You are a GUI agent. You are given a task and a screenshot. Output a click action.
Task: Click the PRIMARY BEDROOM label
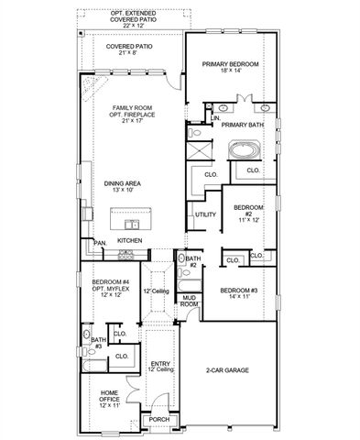tap(231, 64)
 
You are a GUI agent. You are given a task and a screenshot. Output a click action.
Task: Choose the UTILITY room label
tap(206, 214)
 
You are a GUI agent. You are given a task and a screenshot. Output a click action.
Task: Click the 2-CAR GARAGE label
tap(229, 370)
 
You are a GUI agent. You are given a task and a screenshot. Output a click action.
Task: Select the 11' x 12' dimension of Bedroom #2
tap(238, 221)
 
